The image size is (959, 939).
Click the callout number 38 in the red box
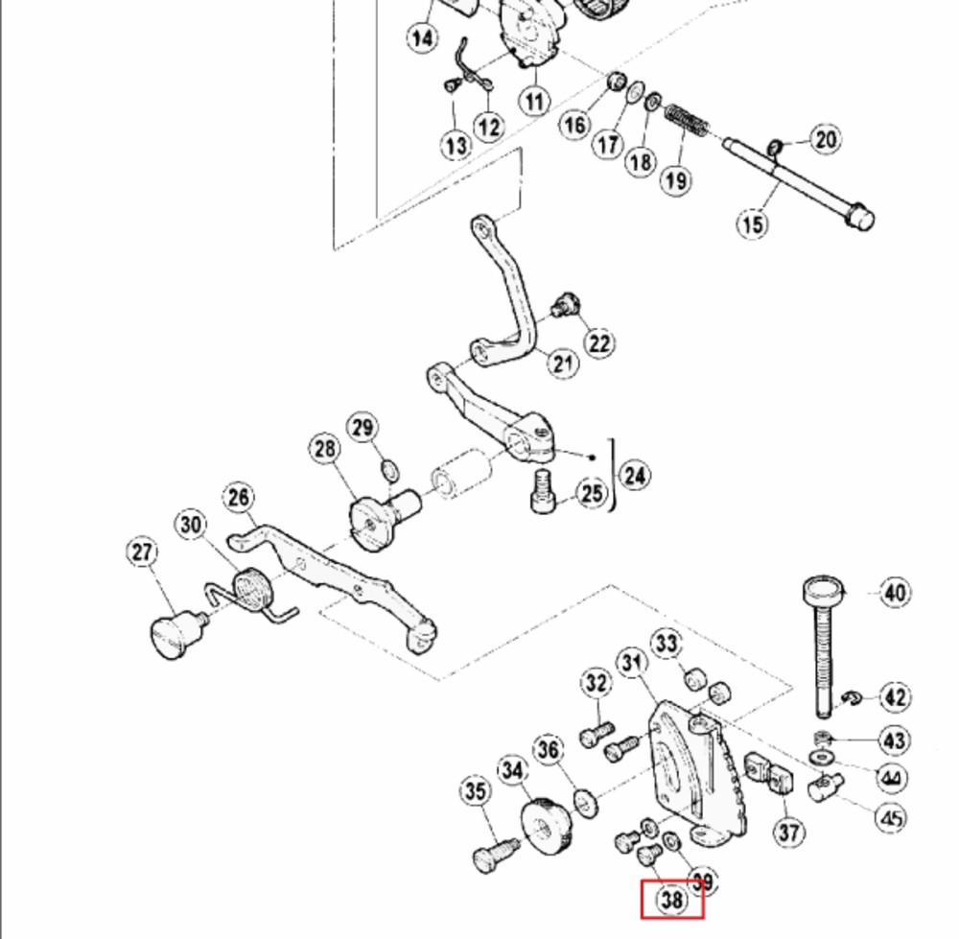pyautogui.click(x=671, y=900)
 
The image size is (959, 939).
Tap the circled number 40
pyautogui.click(x=894, y=592)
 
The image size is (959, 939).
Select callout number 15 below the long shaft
pyautogui.click(x=752, y=223)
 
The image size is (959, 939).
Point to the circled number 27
pyautogui.click(x=142, y=552)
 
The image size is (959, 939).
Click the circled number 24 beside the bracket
pyautogui.click(x=635, y=476)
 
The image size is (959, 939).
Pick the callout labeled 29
pyautogui.click(x=363, y=427)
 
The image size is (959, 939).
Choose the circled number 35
pyautogui.click(x=476, y=791)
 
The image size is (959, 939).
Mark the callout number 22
pyautogui.click(x=599, y=343)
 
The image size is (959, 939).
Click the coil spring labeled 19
pyautogui.click(x=687, y=121)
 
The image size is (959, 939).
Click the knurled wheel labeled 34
pyautogui.click(x=548, y=826)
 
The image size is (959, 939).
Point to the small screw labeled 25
pyautogui.click(x=542, y=491)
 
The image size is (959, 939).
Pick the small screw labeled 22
pyautogui.click(x=566, y=304)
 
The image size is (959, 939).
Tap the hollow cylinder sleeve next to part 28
pyautogui.click(x=462, y=474)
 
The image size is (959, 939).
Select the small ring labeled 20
pyautogui.click(x=775, y=148)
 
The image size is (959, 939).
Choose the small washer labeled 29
pyautogui.click(x=390, y=471)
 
